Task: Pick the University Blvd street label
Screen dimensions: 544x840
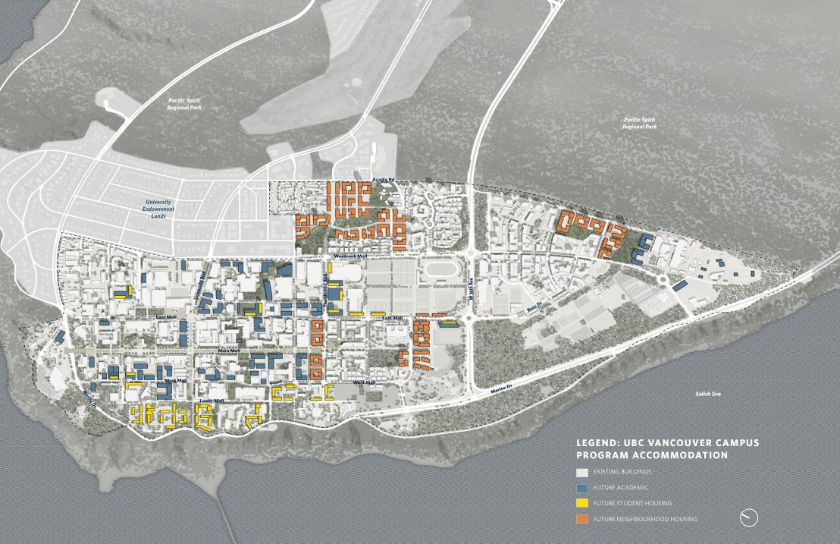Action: pyautogui.click(x=202, y=290)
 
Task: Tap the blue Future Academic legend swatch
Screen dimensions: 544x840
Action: pyautogui.click(x=581, y=488)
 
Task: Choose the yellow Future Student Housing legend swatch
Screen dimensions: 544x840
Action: pyautogui.click(x=581, y=503)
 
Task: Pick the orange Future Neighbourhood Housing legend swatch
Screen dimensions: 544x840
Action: pyautogui.click(x=581, y=519)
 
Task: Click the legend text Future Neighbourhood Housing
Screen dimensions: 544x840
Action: pyautogui.click(x=645, y=519)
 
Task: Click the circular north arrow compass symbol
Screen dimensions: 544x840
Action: pyautogui.click(x=748, y=517)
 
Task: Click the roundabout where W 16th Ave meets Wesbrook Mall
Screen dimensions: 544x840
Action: pyautogui.click(x=471, y=256)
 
